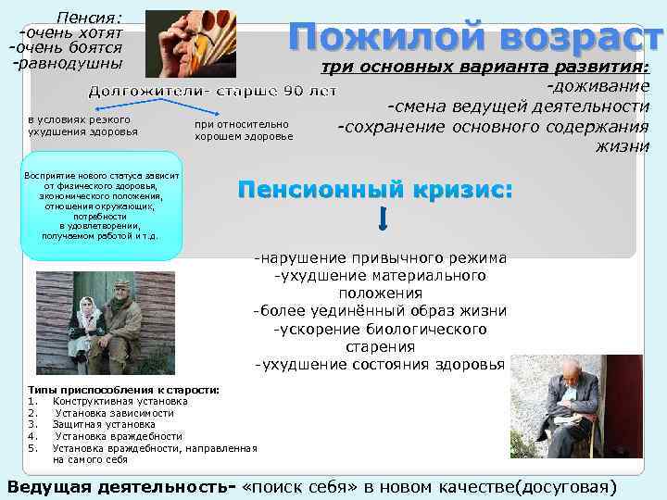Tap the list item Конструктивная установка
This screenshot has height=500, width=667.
pyautogui.click(x=120, y=402)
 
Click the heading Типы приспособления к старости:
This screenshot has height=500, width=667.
pyautogui.click(x=124, y=390)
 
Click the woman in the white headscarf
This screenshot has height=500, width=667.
pyautogui.click(x=88, y=319)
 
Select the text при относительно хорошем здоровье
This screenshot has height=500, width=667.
pyautogui.click(x=243, y=130)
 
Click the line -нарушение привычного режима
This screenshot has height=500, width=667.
pyautogui.click(x=380, y=258)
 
